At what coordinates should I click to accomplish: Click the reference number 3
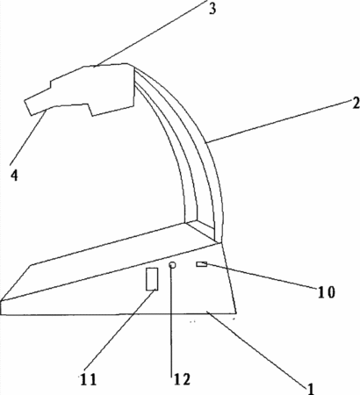click(212, 9)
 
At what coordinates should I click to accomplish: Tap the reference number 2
click(356, 104)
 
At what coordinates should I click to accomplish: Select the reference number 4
click(14, 176)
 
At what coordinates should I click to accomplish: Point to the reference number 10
click(327, 292)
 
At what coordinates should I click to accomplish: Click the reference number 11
click(89, 380)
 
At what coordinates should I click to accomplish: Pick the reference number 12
click(182, 379)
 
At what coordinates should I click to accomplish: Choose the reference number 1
click(310, 389)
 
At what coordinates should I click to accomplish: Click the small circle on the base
click(172, 265)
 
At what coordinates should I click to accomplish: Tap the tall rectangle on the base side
click(152, 279)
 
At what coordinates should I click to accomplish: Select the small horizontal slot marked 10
click(202, 264)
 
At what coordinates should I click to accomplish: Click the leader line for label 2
click(279, 121)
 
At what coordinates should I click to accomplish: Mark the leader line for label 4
click(28, 138)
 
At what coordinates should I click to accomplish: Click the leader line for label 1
click(257, 348)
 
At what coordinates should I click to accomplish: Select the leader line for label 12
click(171, 319)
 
